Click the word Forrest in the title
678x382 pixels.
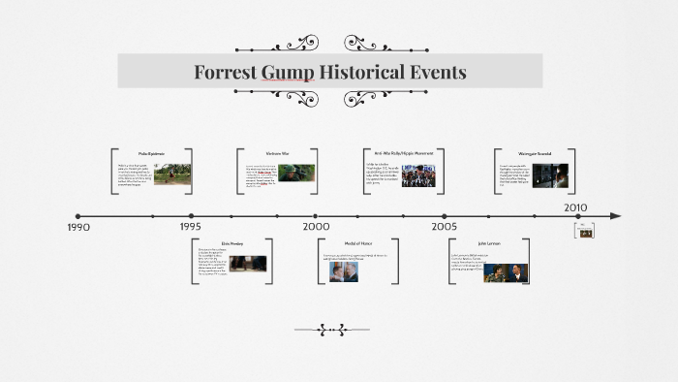[226, 73]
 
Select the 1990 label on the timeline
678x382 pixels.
[78, 227]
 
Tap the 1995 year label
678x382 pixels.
[190, 227]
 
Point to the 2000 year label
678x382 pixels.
[316, 227]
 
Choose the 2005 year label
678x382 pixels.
[445, 227]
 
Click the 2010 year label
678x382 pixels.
[576, 207]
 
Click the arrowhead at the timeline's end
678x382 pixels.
[615, 216]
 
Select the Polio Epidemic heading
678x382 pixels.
[151, 153]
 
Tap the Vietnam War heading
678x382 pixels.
[278, 153]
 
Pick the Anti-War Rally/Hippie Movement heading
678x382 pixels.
[404, 153]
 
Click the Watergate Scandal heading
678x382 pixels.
[535, 153]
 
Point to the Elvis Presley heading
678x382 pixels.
[232, 243]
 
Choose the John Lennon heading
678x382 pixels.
[490, 243]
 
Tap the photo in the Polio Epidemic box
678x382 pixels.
[171, 175]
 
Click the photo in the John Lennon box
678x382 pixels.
[506, 272]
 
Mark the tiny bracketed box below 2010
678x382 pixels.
[584, 231]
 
